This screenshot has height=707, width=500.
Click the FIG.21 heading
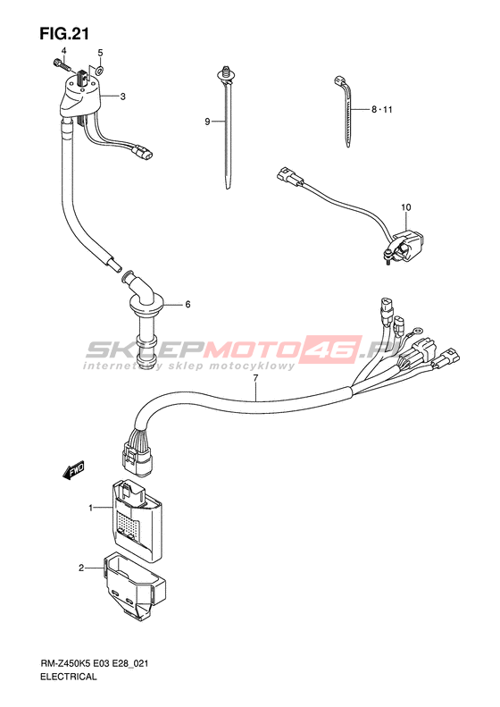[64, 34]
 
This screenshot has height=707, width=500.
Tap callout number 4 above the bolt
[63, 50]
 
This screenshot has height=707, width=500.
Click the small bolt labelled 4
[62, 64]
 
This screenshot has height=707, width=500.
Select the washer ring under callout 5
[99, 70]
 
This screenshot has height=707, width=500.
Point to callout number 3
[122, 97]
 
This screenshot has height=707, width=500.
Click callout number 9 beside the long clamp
[207, 122]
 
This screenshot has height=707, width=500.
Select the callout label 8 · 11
[382, 110]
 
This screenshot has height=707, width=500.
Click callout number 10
[406, 207]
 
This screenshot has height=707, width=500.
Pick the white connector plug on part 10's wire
[290, 176]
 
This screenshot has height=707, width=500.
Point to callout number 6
[187, 305]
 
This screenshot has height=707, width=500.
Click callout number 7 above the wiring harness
[255, 378]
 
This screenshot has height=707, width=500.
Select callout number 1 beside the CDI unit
[90, 509]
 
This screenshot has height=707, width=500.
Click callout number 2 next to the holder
[81, 568]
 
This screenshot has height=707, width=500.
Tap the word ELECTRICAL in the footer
[68, 677]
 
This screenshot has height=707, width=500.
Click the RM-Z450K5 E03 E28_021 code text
[94, 663]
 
